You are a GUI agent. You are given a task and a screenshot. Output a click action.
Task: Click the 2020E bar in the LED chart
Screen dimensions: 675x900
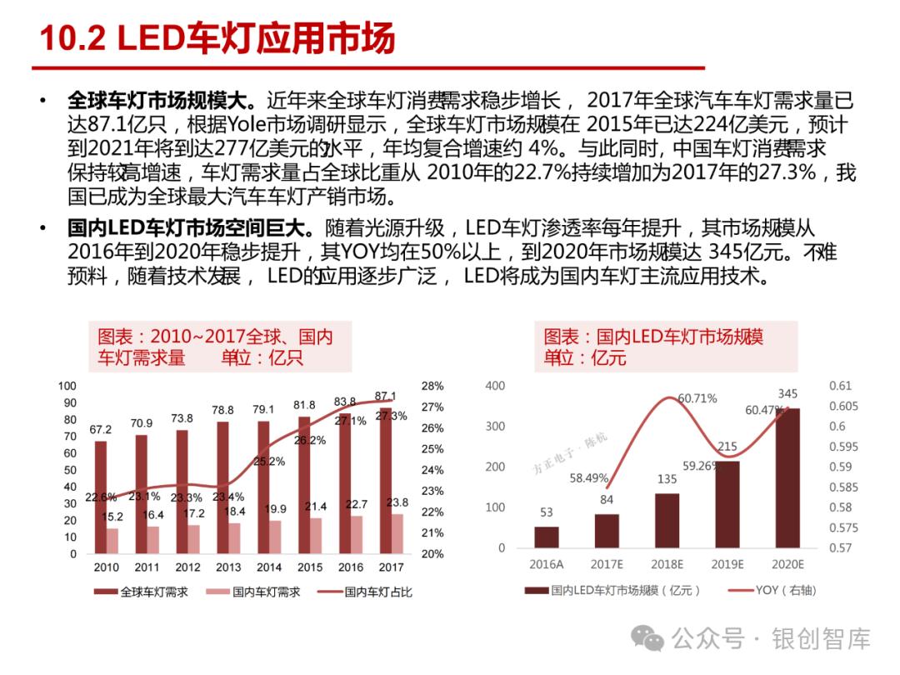coord(787,478)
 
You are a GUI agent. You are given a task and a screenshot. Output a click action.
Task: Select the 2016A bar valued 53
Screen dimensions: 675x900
coord(547,537)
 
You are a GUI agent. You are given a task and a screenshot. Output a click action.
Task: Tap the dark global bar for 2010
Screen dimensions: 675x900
coord(101,497)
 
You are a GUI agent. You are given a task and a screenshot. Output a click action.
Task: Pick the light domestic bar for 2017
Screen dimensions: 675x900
coord(397,533)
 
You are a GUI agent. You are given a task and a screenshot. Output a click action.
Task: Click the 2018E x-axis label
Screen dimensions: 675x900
coord(667,564)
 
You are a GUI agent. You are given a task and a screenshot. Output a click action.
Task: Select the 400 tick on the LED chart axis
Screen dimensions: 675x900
coord(495,386)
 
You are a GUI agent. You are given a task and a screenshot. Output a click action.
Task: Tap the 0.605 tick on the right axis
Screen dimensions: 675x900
coord(843,406)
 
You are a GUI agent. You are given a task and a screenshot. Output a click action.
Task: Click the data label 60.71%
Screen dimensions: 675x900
coord(697,398)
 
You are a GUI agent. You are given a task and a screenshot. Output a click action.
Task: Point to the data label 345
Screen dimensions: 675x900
coord(787,393)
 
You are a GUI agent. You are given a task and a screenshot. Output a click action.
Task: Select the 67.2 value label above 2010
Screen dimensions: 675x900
coord(101,430)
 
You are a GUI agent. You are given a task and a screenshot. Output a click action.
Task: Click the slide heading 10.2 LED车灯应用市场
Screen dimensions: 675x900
coord(218,39)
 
